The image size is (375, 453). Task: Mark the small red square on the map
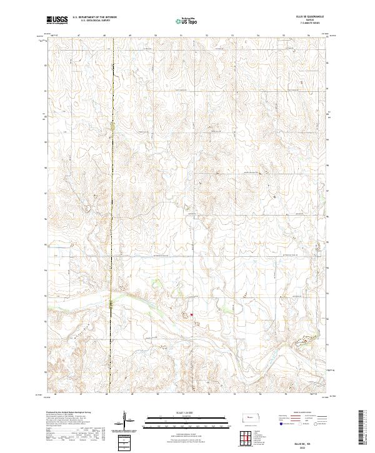(192, 314)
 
